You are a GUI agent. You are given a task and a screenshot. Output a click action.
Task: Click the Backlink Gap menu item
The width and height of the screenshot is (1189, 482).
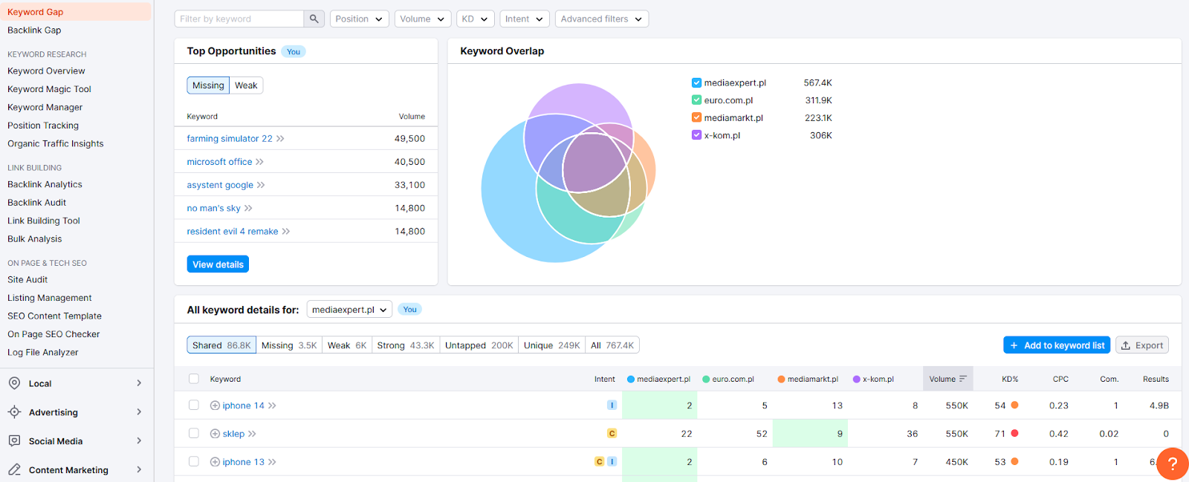34,30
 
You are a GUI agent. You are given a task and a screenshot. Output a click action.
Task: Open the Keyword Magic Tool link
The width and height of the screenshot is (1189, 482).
49,89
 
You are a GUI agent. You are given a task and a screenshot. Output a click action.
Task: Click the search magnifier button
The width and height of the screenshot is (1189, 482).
314,19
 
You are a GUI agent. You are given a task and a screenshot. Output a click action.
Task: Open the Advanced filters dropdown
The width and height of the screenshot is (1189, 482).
601,19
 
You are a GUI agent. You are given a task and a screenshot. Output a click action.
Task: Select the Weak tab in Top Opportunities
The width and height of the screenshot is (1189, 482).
246,85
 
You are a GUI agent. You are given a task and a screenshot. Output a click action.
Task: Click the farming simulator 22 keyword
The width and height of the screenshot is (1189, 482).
230,138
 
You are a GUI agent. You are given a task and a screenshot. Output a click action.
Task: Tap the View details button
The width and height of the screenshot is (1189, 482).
218,264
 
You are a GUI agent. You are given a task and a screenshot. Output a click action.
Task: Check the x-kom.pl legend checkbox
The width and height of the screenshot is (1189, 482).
696,135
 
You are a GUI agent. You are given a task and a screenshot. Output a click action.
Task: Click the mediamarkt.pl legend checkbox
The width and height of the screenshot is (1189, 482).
696,118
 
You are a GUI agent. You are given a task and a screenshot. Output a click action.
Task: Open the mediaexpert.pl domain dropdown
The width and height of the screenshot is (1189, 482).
349,310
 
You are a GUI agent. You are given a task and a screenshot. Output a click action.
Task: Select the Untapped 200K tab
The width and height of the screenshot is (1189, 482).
479,345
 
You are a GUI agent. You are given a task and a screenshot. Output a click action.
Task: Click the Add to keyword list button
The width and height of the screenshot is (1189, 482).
1056,345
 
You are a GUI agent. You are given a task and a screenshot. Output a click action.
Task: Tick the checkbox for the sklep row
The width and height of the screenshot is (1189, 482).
194,433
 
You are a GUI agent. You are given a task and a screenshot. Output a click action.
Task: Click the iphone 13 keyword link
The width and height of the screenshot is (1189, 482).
243,462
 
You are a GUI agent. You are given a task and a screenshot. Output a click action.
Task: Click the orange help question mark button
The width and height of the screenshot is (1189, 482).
1173,463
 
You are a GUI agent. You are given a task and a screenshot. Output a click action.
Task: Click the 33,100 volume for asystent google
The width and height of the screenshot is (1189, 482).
409,185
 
